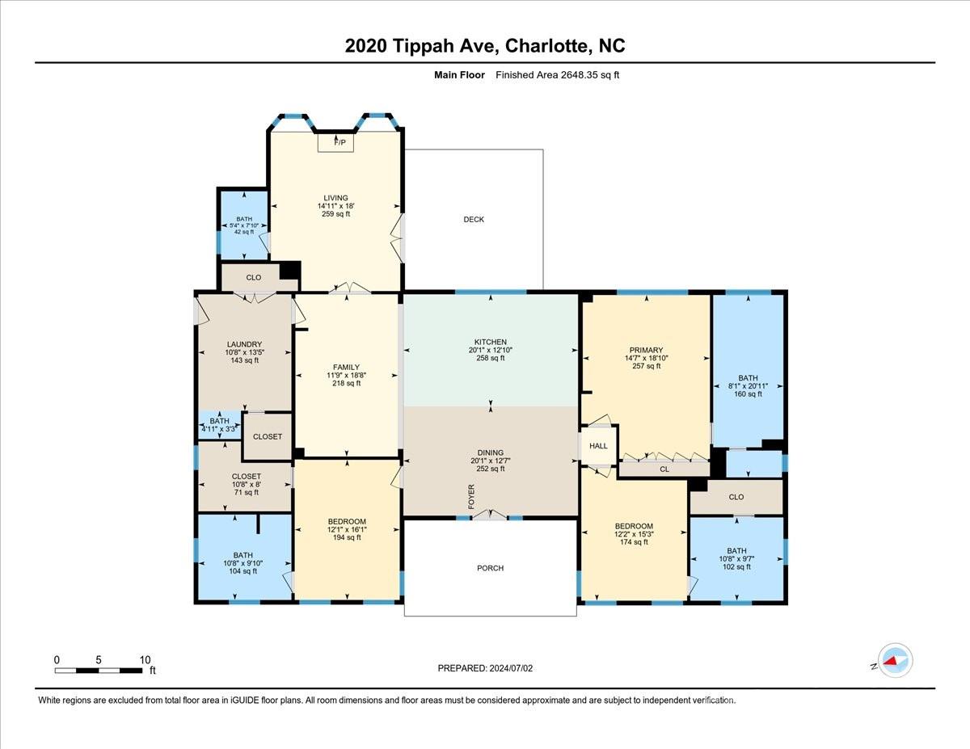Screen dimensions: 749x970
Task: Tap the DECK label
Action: click(474, 220)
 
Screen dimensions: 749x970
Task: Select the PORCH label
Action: click(490, 568)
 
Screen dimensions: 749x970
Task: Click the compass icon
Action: click(895, 660)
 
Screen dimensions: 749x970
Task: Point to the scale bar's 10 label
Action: click(145, 659)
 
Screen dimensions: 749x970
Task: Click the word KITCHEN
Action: click(490, 342)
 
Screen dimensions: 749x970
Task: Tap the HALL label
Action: click(598, 446)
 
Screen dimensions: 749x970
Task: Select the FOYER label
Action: click(471, 497)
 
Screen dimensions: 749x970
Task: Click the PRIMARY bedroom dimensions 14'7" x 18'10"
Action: click(646, 358)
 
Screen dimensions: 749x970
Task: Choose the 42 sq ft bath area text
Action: click(244, 232)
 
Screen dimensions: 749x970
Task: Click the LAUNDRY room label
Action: click(244, 344)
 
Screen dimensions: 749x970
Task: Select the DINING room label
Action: click(490, 452)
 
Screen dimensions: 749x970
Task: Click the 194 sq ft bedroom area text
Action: click(347, 537)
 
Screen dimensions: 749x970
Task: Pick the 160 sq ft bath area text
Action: click(748, 394)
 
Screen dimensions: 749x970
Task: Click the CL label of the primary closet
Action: click(664, 468)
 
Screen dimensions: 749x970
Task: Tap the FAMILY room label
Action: click(347, 368)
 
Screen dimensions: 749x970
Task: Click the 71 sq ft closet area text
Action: click(245, 492)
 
